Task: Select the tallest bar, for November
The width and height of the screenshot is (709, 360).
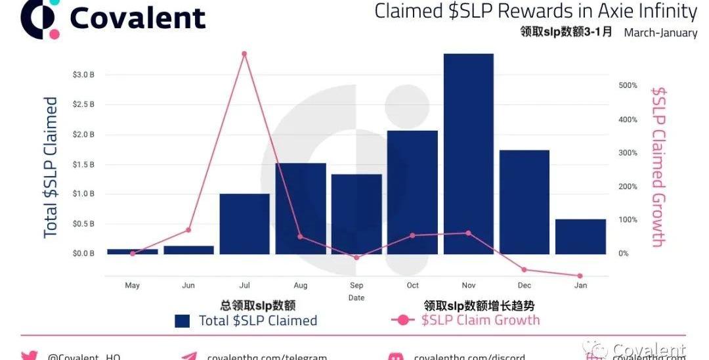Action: click(469, 154)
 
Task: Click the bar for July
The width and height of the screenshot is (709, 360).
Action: click(244, 224)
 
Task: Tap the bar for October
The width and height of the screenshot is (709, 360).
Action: click(412, 192)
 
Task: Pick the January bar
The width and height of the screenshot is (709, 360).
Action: click(580, 236)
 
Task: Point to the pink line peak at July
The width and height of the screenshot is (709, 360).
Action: click(244, 54)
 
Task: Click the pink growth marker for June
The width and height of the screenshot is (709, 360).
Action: click(188, 230)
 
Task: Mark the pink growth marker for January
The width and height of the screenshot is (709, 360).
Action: click(580, 276)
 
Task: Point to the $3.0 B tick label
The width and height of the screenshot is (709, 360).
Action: click(83, 75)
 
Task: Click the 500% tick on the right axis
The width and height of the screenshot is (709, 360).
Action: click(628, 85)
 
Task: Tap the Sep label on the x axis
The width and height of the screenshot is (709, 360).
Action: click(356, 286)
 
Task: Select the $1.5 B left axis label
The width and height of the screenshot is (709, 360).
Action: click(83, 164)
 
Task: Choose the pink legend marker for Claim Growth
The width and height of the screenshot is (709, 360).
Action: click(402, 321)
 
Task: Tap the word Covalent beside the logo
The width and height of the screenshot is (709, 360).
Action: click(138, 18)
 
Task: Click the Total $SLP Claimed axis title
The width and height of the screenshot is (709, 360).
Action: click(51, 168)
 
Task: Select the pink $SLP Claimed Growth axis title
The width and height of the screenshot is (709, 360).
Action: click(658, 168)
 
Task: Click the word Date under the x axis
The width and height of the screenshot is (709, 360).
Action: click(356, 298)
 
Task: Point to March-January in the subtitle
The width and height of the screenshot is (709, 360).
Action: click(660, 32)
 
